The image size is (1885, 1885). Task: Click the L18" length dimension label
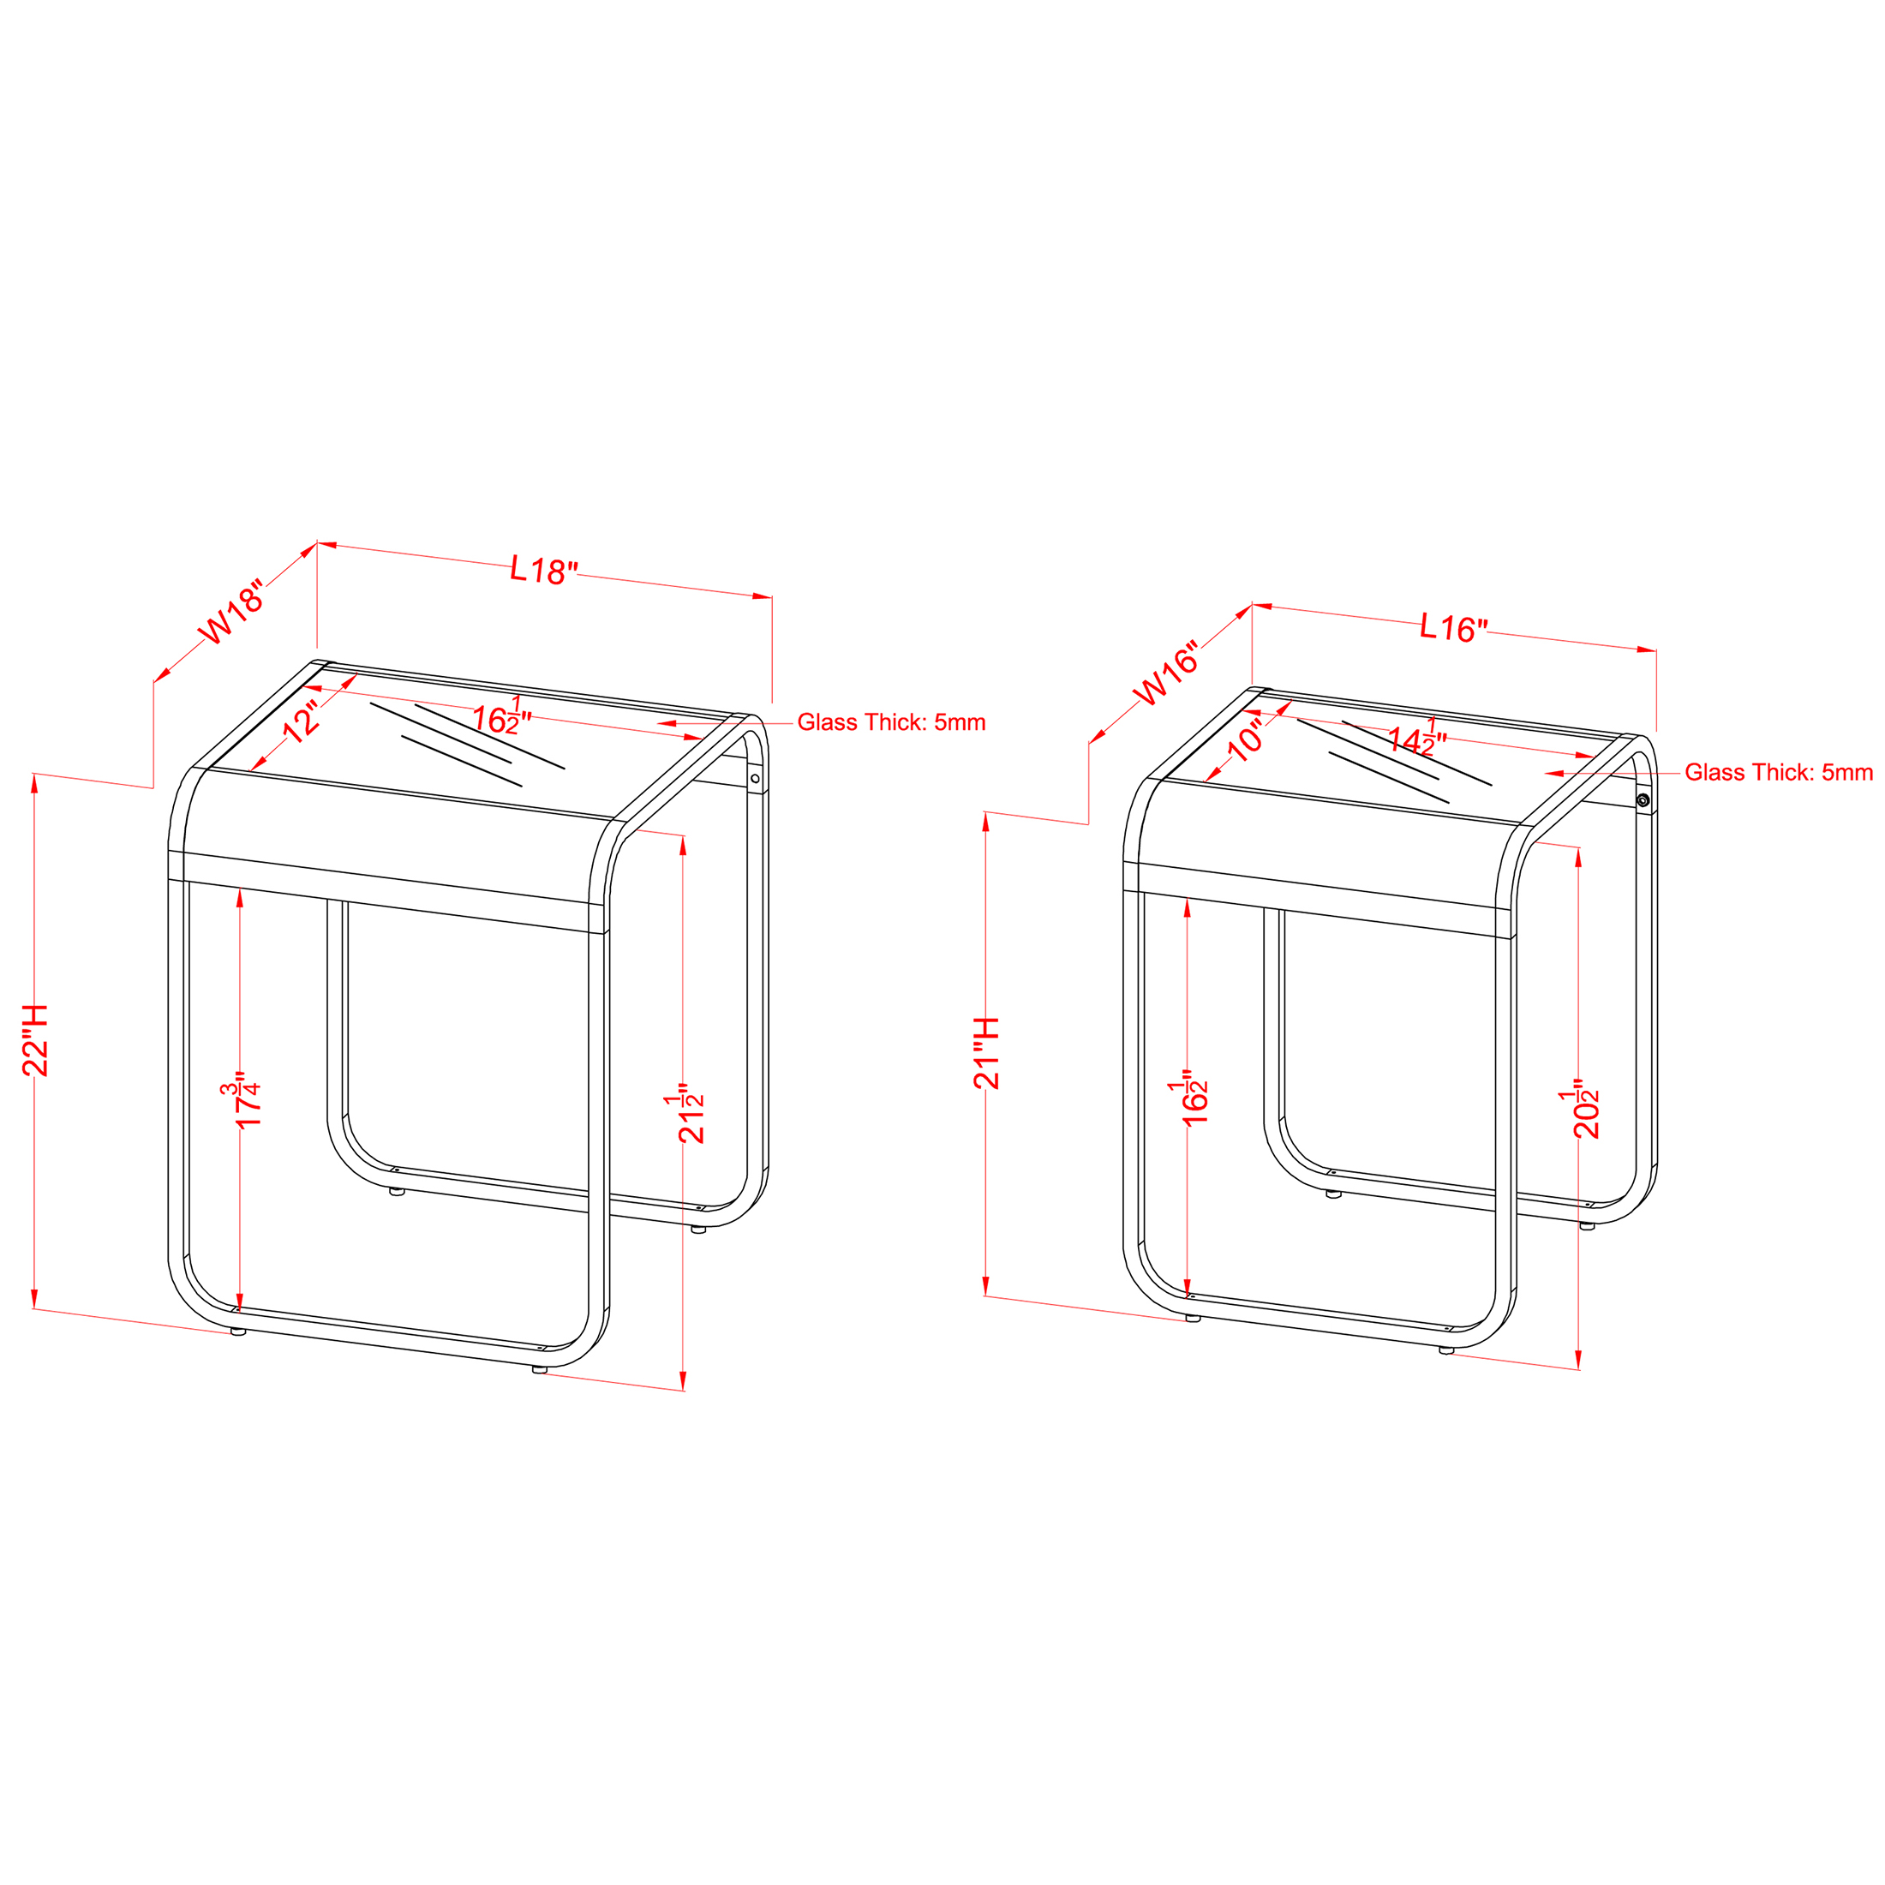pyautogui.click(x=544, y=570)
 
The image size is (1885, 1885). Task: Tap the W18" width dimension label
pyautogui.click(x=231, y=613)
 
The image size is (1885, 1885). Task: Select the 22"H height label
pyautogui.click(x=35, y=1040)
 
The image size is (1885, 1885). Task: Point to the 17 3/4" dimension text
pyautogui.click(x=240, y=1104)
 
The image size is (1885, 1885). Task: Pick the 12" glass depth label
pyautogui.click(x=302, y=721)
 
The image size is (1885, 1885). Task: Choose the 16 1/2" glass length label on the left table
pyautogui.click(x=501, y=717)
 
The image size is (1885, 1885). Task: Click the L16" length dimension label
pyautogui.click(x=1454, y=627)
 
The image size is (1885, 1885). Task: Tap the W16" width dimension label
pyautogui.click(x=1165, y=674)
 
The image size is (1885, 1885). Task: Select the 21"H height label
pyautogui.click(x=986, y=1053)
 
